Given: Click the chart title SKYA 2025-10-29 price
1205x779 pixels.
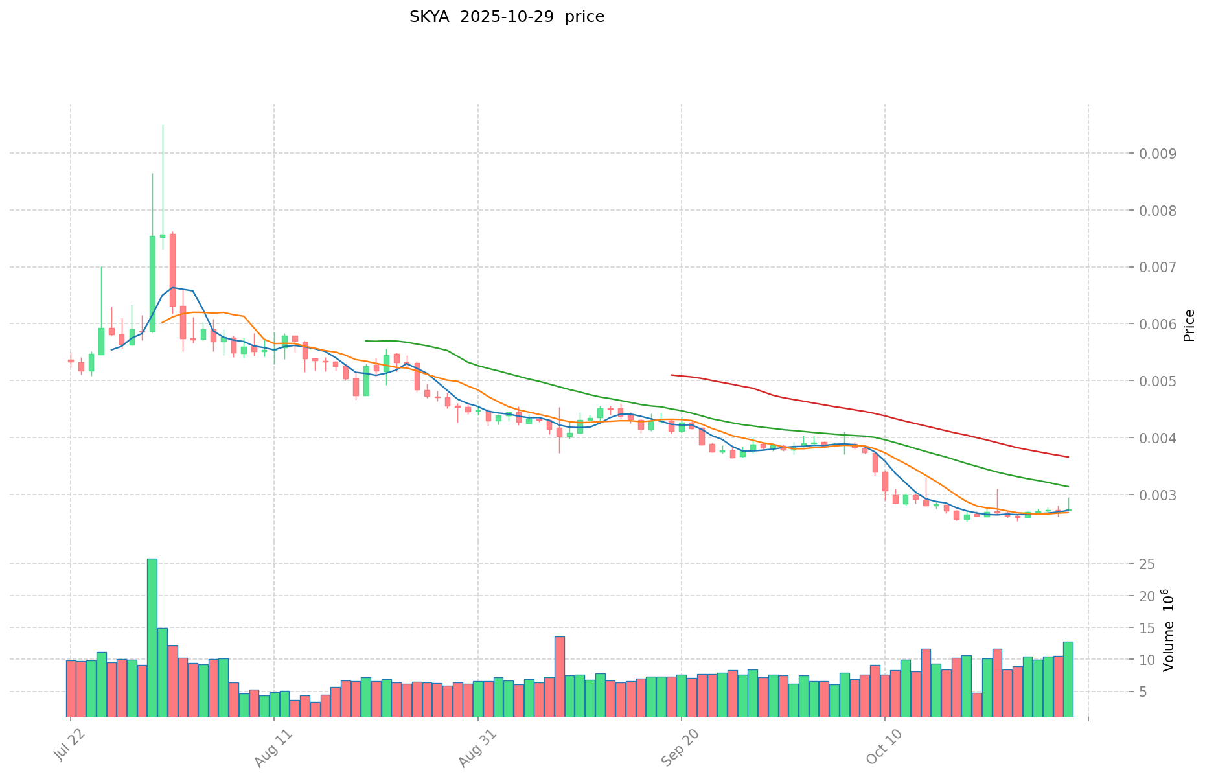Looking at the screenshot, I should pyautogui.click(x=507, y=17).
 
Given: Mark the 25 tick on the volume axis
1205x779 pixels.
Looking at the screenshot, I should pyautogui.click(x=1147, y=564).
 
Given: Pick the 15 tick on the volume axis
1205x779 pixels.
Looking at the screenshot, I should pyautogui.click(x=1147, y=628).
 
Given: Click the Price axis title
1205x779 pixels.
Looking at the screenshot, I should pyautogui.click(x=1189, y=325).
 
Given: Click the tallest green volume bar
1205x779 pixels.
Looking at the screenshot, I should pyautogui.click(x=152, y=637).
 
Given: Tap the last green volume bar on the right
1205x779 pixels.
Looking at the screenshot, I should pyautogui.click(x=1068, y=679).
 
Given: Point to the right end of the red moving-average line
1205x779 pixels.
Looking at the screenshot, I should pyautogui.click(x=1068, y=457).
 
